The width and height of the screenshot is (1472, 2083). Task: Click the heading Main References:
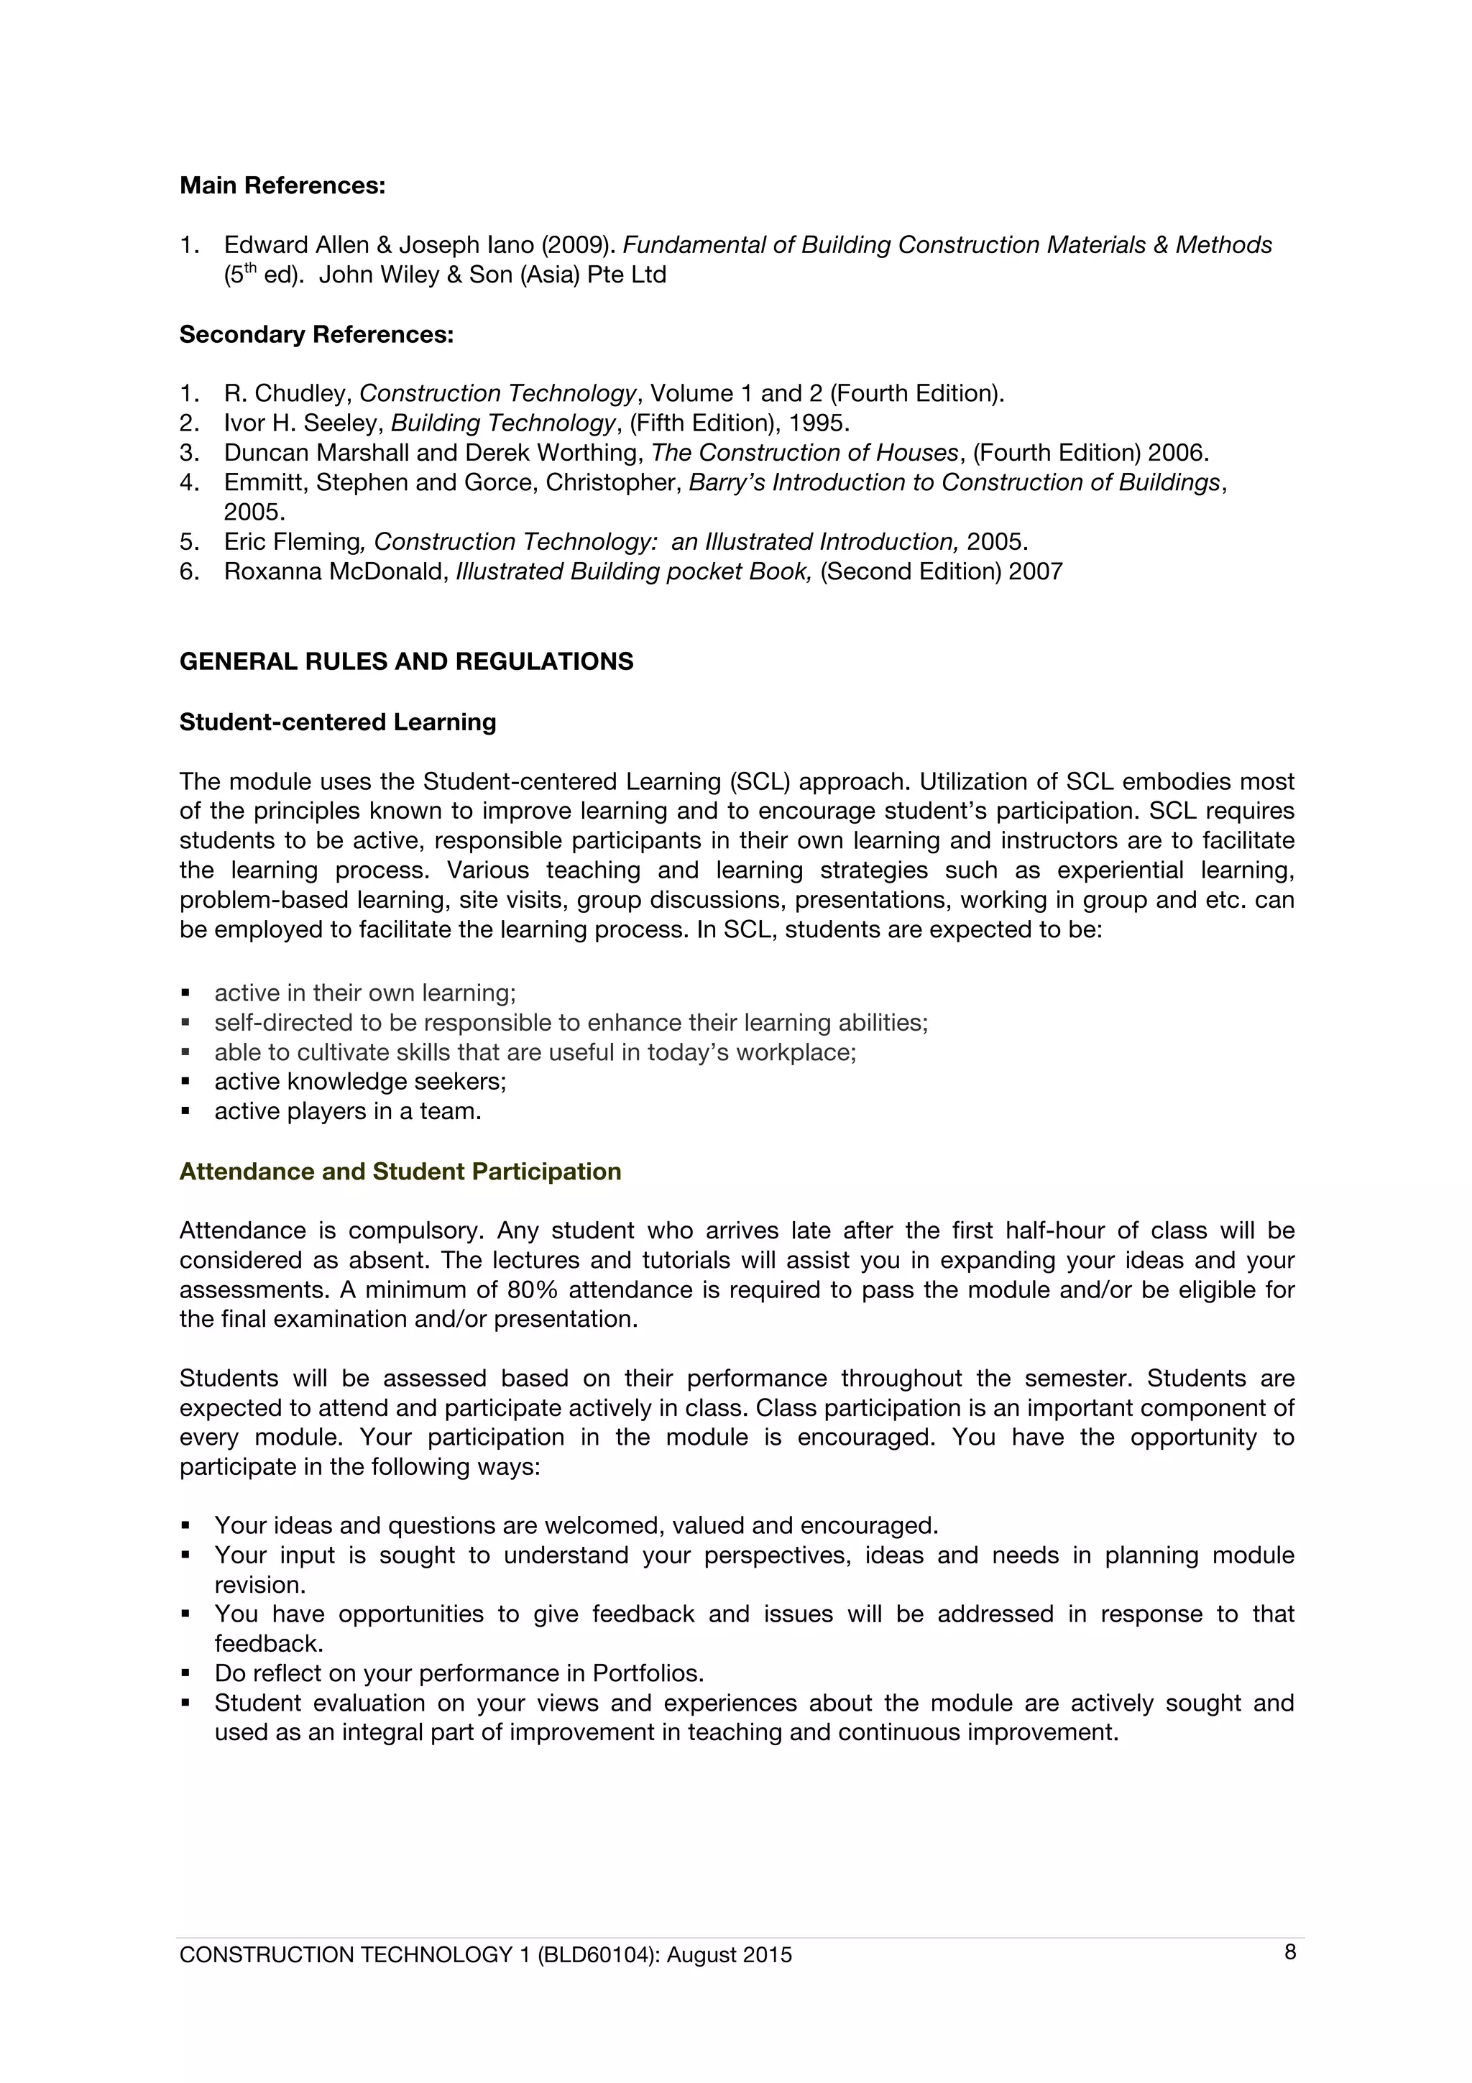click(x=282, y=186)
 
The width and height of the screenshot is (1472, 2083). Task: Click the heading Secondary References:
click(x=316, y=335)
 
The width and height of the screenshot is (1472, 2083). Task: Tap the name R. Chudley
click(x=287, y=394)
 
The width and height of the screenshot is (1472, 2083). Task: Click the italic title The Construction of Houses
click(x=804, y=453)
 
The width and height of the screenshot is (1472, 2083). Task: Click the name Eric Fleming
click(x=292, y=542)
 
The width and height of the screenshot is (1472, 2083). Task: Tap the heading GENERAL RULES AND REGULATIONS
click(x=406, y=661)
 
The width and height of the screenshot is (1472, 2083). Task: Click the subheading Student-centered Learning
click(x=337, y=722)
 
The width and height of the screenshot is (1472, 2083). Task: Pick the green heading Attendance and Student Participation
click(x=400, y=1171)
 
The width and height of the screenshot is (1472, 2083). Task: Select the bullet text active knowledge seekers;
click(x=360, y=1082)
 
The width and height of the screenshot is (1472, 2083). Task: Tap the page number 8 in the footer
click(x=1289, y=1952)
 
